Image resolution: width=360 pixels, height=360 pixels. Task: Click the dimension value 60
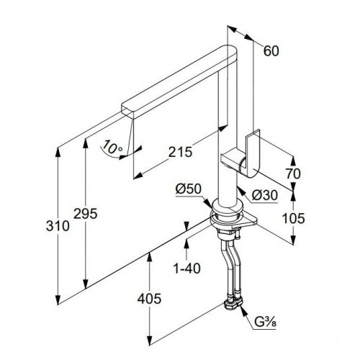(271, 51)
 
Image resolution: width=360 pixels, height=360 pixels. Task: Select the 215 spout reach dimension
(180, 152)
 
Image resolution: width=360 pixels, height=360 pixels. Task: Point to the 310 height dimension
(58, 226)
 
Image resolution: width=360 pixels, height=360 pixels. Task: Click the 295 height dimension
(86, 214)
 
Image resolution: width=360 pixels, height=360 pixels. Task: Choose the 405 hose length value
(149, 299)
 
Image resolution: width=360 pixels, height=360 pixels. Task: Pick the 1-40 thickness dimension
(187, 269)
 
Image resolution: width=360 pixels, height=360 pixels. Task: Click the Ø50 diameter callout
(188, 189)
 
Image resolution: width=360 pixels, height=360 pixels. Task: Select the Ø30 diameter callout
(265, 195)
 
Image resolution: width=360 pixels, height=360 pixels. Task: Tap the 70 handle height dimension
(293, 174)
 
